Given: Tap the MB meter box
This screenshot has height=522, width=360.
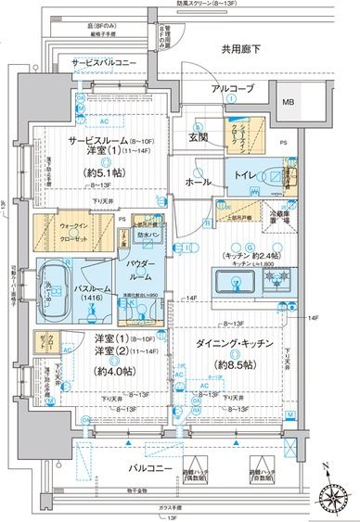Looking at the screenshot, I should pos(288,102).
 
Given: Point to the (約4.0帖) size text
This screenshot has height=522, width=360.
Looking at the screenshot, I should pos(106,374).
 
